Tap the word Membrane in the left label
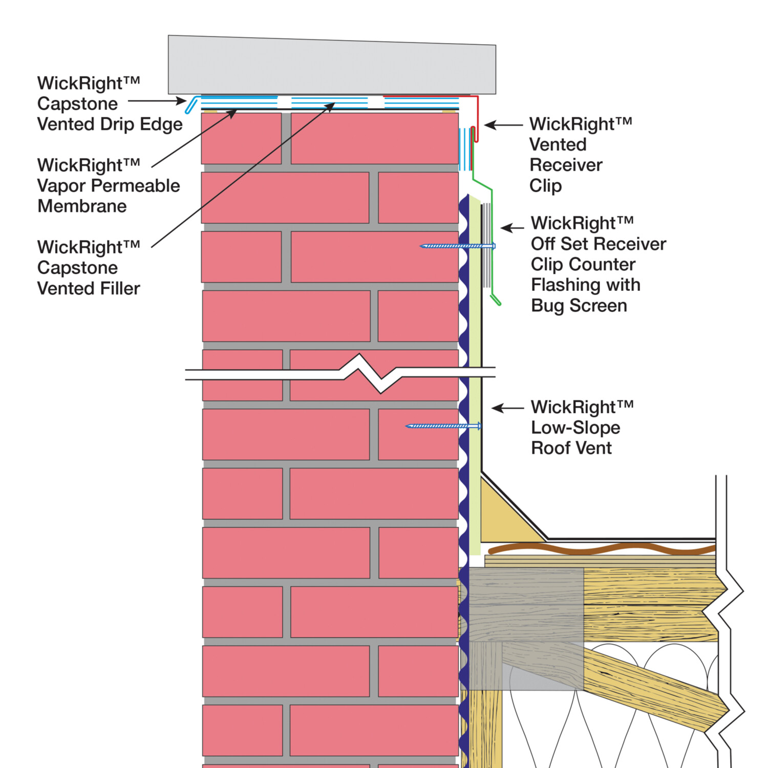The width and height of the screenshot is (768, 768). pos(82,206)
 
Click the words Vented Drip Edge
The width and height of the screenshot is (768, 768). pos(110,124)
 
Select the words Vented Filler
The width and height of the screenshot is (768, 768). pos(89,289)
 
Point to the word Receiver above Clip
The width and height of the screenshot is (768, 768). pos(566,165)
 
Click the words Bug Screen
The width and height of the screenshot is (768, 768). pos(579,306)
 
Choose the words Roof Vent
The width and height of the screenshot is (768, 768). pos(571,448)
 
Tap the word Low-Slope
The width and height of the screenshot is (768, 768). pos(575,428)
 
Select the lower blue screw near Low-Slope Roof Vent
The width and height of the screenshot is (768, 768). pos(443,426)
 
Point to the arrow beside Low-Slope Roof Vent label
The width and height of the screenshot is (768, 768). pos(507,408)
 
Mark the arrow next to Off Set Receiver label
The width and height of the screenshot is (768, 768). pos(512,228)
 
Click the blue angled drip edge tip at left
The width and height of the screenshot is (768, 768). pos(190,106)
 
